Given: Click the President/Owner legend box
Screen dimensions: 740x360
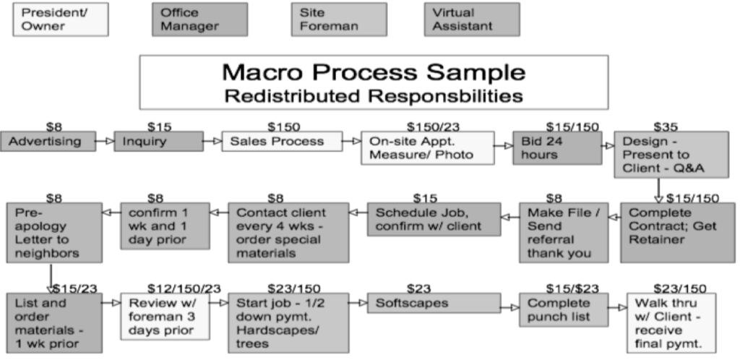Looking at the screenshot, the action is [x=61, y=20].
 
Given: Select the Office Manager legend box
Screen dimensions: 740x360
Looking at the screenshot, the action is [x=199, y=20].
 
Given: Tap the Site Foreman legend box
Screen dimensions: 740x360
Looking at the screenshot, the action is [x=339, y=20].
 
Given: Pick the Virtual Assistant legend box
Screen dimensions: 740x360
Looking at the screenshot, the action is [x=472, y=20].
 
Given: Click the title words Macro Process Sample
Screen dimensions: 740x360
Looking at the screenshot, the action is [x=374, y=72].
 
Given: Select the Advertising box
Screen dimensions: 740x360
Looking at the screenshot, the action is [x=48, y=141].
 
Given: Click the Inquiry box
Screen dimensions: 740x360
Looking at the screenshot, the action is [x=158, y=141].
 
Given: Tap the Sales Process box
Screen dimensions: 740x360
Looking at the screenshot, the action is [x=283, y=141].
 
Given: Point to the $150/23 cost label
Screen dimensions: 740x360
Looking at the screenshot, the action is [x=433, y=127].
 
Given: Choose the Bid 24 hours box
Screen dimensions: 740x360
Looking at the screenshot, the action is [x=557, y=147].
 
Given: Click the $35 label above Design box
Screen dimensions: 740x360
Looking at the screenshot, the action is [x=666, y=127].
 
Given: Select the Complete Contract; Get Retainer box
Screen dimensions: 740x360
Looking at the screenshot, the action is [x=678, y=233].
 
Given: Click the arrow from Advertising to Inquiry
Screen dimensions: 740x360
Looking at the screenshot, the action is [x=105, y=141].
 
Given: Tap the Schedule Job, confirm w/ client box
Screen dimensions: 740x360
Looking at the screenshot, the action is [x=434, y=219].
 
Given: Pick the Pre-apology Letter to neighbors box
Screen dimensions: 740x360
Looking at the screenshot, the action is [x=54, y=233].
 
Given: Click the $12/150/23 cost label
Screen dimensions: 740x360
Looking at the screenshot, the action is [x=184, y=288].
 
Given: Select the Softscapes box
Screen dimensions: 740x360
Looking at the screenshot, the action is [x=434, y=303].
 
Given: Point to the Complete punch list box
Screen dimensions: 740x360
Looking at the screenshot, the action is [x=564, y=309].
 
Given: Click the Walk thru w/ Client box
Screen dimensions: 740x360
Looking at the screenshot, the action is [x=671, y=322].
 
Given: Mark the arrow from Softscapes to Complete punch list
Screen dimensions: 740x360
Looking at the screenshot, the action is [x=510, y=308].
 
